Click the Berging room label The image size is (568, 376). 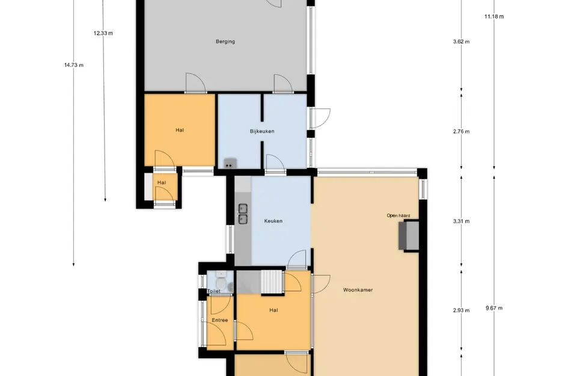pyautogui.click(x=225, y=42)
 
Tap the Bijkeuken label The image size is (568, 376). pyautogui.click(x=262, y=131)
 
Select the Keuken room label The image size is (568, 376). pyautogui.click(x=273, y=221)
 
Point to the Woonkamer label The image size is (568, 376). pyautogui.click(x=358, y=290)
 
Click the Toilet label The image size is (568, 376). pyautogui.click(x=214, y=291)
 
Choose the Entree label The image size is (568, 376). pyautogui.click(x=220, y=320)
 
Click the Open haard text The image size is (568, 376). pyautogui.click(x=399, y=215)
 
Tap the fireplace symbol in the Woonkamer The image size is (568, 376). pyautogui.click(x=409, y=236)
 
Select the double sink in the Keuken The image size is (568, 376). pyautogui.click(x=243, y=214)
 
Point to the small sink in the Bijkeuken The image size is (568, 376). pyautogui.click(x=230, y=164)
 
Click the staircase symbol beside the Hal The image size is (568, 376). pyautogui.click(x=271, y=281)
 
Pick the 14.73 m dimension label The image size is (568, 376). pyautogui.click(x=74, y=65)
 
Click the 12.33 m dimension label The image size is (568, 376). pyautogui.click(x=103, y=33)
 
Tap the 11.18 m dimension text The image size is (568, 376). pyautogui.click(x=494, y=16)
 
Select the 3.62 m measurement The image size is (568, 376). pyautogui.click(x=461, y=42)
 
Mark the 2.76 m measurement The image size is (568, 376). pyautogui.click(x=461, y=132)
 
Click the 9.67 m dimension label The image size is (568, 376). pyautogui.click(x=494, y=308)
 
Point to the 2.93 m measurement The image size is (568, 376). pyautogui.click(x=461, y=310)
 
